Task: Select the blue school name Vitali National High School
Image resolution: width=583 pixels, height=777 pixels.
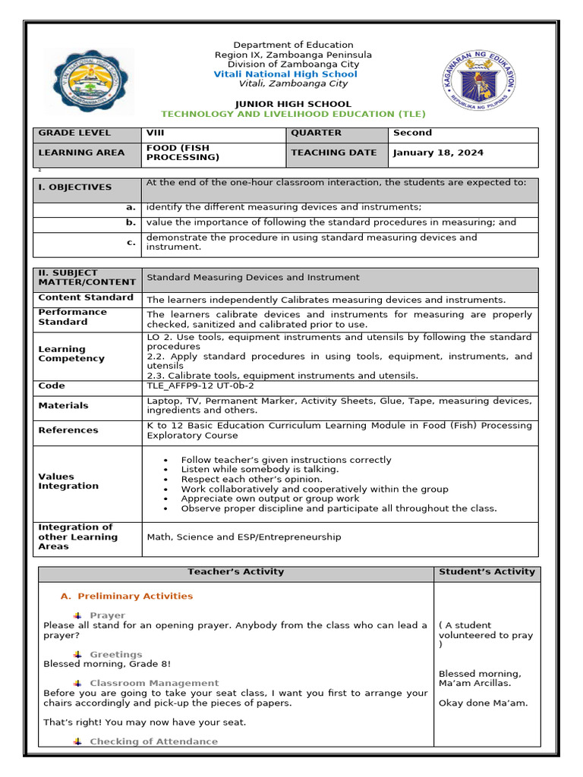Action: (285, 74)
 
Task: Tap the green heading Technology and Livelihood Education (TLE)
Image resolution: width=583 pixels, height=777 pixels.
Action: (293, 114)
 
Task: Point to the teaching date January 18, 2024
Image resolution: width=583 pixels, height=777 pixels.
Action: (438, 153)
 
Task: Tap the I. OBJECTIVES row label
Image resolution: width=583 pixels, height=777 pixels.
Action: (74, 187)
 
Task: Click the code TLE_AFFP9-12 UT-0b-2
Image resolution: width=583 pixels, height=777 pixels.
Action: (200, 385)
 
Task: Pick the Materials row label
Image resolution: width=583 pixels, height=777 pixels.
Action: (63, 406)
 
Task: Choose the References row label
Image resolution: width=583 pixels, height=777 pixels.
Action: (68, 430)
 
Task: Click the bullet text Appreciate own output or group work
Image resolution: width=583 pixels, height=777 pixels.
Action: (270, 499)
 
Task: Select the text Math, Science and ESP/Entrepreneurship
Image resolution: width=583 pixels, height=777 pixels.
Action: (244, 536)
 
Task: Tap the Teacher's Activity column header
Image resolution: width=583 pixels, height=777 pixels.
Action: (235, 571)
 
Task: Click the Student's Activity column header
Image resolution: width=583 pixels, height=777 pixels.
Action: (487, 571)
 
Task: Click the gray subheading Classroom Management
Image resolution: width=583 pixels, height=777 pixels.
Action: (154, 683)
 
